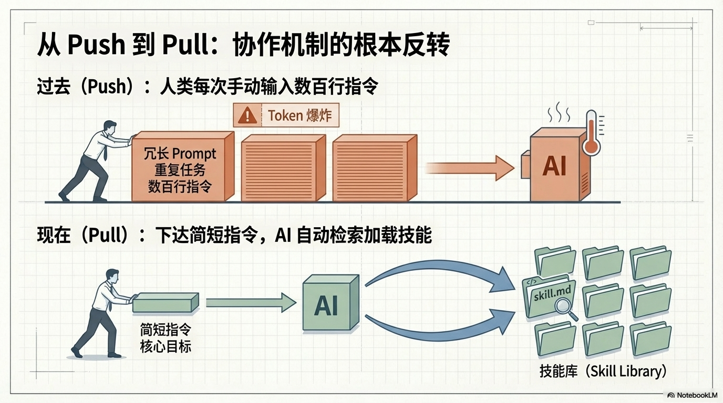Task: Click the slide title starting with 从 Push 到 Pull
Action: click(243, 45)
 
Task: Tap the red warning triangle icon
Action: click(247, 115)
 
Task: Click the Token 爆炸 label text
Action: click(299, 115)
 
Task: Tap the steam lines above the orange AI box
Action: click(559, 111)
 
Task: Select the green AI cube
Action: click(329, 305)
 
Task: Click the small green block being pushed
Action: click(166, 303)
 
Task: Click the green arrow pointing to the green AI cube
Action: click(251, 303)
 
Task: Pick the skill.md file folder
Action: click(548, 297)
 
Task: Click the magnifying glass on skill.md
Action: click(564, 307)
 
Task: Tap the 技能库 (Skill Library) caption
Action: click(603, 371)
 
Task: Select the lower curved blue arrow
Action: click(441, 328)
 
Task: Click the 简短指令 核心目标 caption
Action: click(165, 338)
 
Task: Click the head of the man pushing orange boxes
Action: click(110, 128)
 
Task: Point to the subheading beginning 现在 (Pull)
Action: click(234, 236)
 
